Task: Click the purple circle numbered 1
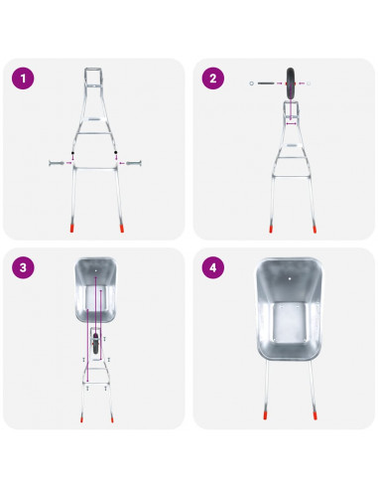[23, 79]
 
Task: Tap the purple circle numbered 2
[213, 79]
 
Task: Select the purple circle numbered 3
[23, 267]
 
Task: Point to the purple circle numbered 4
[213, 267]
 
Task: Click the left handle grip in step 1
[57, 163]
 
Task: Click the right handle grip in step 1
[134, 163]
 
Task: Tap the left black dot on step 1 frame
[72, 153]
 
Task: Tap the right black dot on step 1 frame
[116, 152]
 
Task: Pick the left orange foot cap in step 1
[71, 228]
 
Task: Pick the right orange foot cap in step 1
[122, 228]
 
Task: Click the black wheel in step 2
[291, 83]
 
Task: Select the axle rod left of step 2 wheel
[266, 83]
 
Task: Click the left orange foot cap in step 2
[271, 229]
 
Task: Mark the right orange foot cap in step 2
[315, 229]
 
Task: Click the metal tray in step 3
[95, 291]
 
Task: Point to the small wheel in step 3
[95, 344]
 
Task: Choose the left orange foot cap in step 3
[81, 418]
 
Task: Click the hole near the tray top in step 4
[290, 279]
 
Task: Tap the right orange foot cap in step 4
[315, 415]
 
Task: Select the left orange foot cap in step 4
[265, 415]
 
